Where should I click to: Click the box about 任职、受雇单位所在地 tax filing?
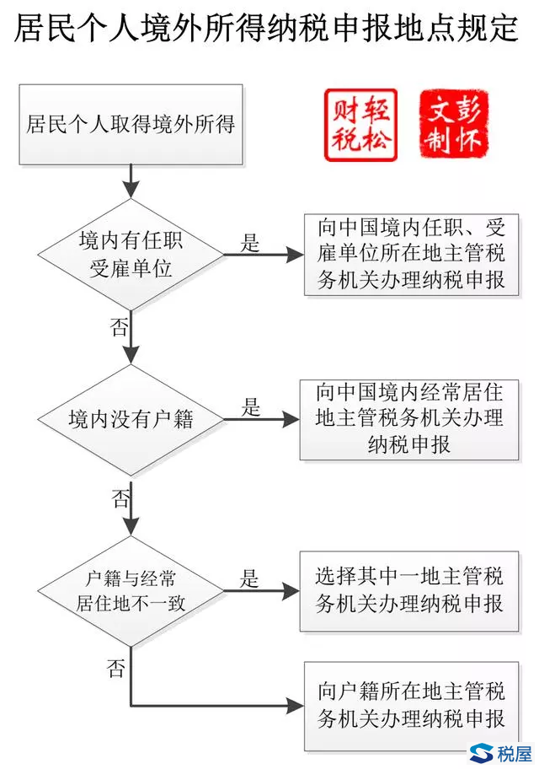tap(412, 253)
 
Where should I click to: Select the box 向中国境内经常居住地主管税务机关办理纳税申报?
tap(409, 418)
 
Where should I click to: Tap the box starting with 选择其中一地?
tap(409, 590)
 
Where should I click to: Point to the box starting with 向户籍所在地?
tap(409, 706)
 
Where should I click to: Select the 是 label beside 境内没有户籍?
tap(250, 407)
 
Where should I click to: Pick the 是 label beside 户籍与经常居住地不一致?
tap(249, 579)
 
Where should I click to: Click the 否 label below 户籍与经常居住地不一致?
tap(115, 670)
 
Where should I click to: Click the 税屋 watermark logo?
tap(500, 753)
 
